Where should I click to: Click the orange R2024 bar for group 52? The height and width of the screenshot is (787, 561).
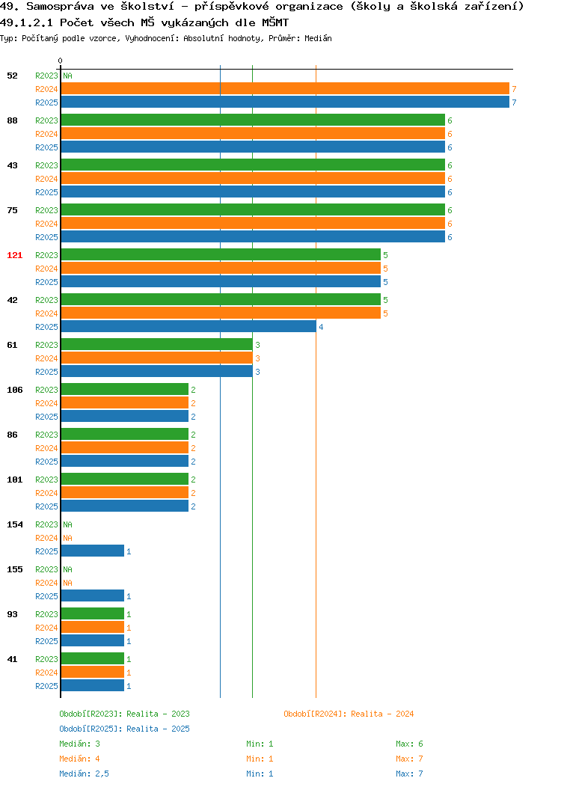pos(285,89)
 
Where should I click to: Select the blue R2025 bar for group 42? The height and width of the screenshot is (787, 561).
pos(188,327)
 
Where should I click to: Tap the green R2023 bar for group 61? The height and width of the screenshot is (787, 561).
pos(156,344)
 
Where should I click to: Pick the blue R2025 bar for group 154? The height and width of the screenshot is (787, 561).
pos(92,551)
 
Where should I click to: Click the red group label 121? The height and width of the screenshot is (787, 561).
pos(14,255)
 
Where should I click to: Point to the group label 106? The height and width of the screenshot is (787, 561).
pos(14,390)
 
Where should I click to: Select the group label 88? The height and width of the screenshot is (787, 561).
pos(12,120)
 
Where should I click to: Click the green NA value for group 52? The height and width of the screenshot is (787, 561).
pos(68,76)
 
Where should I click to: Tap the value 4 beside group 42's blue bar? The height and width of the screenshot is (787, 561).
pos(321,327)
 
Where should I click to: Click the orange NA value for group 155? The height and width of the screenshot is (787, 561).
pos(68,583)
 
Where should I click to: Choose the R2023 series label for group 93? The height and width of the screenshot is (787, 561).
pos(46,614)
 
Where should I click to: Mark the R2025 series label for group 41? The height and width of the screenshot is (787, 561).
pos(46,686)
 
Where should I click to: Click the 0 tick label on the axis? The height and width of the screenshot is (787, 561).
pos(61,61)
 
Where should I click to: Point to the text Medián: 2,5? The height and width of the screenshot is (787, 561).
pos(84,774)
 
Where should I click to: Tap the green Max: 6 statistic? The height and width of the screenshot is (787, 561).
pos(409,744)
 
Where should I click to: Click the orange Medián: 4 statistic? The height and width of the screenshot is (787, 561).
pos(79,759)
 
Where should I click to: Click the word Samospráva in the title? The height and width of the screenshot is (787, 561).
pos(61,7)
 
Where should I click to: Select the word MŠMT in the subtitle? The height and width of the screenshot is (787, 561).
pos(275,22)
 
